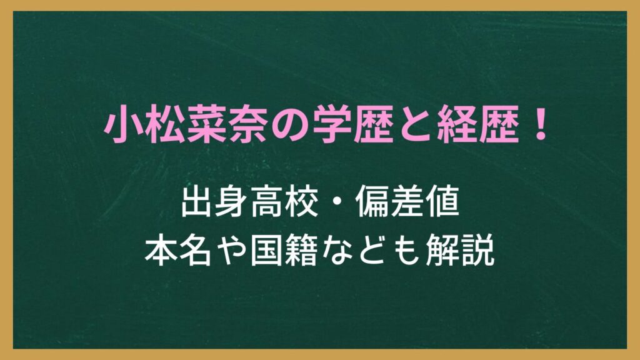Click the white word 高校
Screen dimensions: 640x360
[284, 202]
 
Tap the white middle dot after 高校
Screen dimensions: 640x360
[337, 202]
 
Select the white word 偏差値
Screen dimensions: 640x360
[407, 202]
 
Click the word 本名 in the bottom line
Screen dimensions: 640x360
[178, 251]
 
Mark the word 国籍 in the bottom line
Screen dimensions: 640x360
[284, 251]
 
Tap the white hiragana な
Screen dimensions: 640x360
[336, 251]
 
